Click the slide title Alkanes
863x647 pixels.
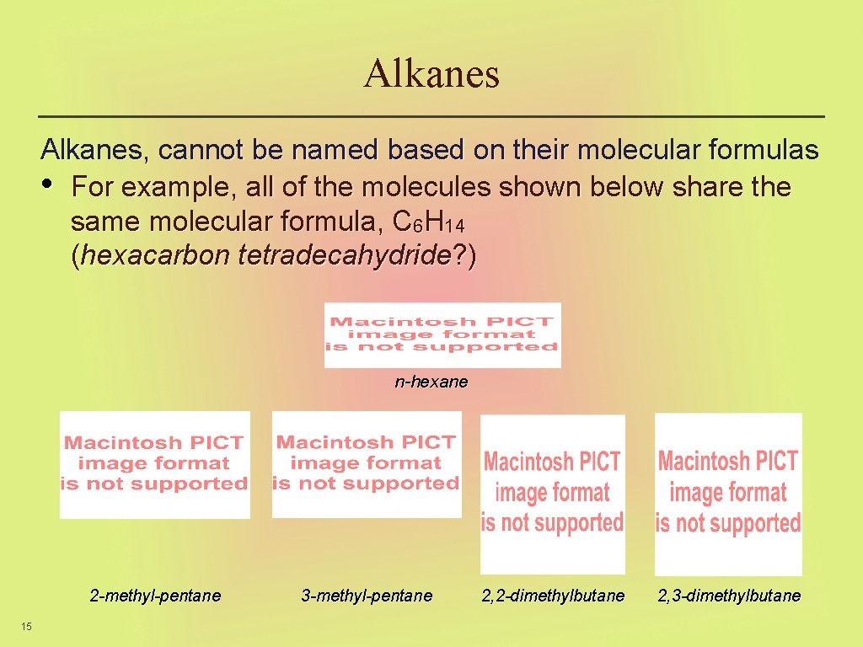pos(431,73)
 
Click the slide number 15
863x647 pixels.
pos(27,625)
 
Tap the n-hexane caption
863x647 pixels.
pos(431,382)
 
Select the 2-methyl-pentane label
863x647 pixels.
pos(155,596)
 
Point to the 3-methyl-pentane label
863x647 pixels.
pos(367,596)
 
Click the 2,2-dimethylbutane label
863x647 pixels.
pos(553,596)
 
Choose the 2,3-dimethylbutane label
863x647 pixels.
pos(729,596)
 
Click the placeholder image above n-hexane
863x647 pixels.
pos(442,334)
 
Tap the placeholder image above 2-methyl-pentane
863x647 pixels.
pos(154,464)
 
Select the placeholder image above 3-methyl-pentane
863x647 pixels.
pos(367,463)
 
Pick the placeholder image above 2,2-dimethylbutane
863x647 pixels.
pos(553,493)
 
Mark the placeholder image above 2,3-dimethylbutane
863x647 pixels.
pos(728,493)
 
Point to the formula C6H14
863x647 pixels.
pos(429,222)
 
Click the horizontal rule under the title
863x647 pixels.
pos(431,115)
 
